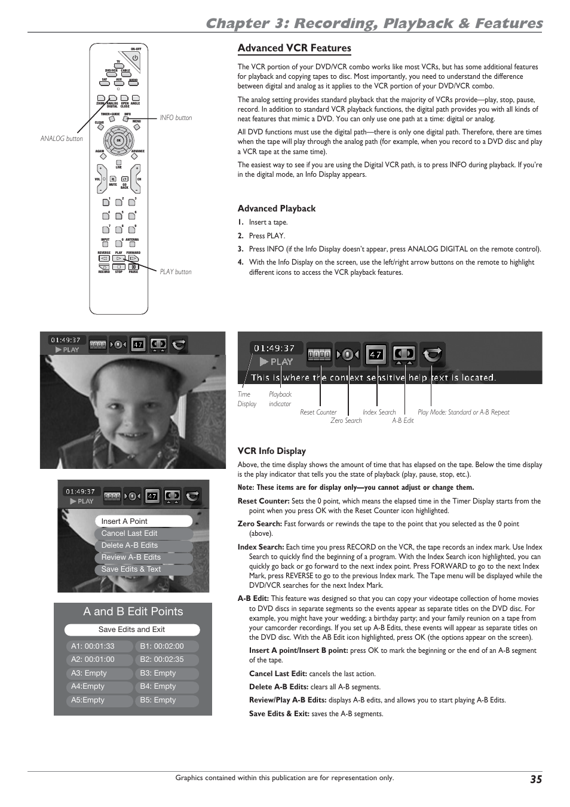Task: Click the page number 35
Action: click(535, 779)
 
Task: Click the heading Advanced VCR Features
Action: click(294, 48)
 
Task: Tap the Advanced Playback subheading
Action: click(276, 208)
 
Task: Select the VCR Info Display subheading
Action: click(271, 451)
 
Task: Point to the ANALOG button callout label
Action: click(62, 139)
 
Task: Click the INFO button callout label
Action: click(176, 118)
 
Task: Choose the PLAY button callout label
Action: click(176, 272)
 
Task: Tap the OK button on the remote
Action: click(118, 141)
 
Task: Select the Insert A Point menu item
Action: click(143, 521)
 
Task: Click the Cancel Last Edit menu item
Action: click(143, 533)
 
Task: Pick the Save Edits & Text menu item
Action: click(143, 569)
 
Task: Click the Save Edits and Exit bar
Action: click(132, 630)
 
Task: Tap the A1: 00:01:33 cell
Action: click(99, 646)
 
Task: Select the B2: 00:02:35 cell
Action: click(167, 659)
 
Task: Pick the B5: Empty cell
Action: click(167, 700)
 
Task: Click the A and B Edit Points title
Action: click(133, 612)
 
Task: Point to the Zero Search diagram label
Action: click(346, 421)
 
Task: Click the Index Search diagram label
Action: click(379, 412)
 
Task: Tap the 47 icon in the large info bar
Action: click(376, 354)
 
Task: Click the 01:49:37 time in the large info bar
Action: click(274, 348)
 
